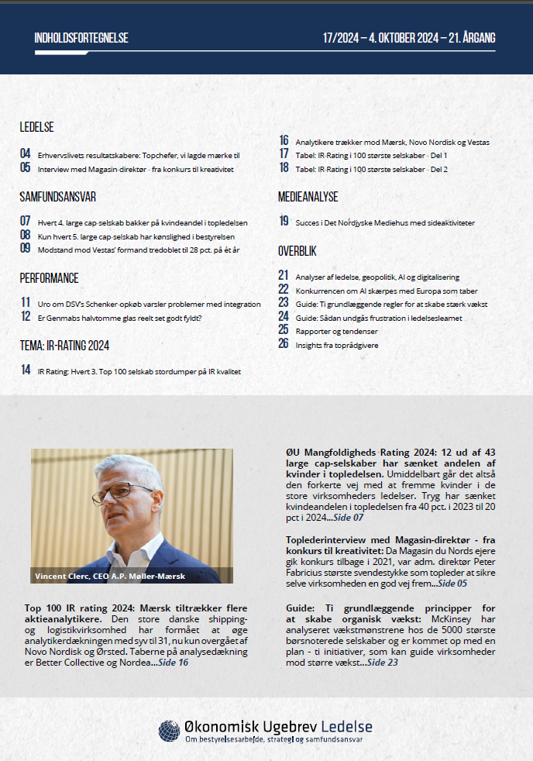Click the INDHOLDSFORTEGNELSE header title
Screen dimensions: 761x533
point(81,38)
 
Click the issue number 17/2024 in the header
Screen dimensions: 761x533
point(340,38)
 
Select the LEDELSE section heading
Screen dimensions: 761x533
point(36,128)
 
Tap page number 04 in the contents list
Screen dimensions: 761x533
point(26,154)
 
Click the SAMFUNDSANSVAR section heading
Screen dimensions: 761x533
point(57,197)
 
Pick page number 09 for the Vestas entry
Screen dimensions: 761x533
point(26,249)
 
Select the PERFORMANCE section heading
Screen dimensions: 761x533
point(49,278)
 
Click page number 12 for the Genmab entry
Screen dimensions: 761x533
point(26,316)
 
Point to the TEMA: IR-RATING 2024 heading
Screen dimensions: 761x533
point(64,346)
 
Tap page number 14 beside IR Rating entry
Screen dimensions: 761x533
point(26,370)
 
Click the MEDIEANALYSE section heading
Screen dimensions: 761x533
point(308,197)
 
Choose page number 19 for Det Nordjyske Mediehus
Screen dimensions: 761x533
point(284,222)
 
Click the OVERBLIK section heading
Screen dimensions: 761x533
point(297,252)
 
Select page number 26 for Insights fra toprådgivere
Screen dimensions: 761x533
point(284,343)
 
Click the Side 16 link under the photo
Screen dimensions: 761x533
point(172,663)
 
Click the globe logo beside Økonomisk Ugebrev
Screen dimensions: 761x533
point(169,731)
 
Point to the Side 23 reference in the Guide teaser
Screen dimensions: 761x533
point(382,663)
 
